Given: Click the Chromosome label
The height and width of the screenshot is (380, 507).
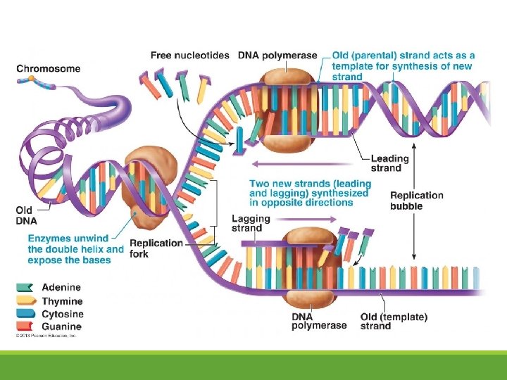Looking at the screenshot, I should click(x=48, y=69).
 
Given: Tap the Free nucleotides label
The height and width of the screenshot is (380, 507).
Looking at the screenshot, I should click(x=190, y=55).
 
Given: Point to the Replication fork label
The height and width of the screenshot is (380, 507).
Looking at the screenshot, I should click(x=156, y=248).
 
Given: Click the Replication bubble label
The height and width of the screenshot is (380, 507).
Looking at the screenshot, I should click(x=417, y=201).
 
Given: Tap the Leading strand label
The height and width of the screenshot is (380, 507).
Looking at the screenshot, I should click(x=389, y=163).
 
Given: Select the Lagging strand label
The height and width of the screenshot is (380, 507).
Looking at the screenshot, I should click(x=246, y=223).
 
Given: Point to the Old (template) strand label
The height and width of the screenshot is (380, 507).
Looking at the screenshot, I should click(x=394, y=322).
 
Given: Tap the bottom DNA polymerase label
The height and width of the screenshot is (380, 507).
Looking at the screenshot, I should click(x=319, y=322).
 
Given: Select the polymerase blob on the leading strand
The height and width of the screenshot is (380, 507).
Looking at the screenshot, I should click(x=288, y=110).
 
